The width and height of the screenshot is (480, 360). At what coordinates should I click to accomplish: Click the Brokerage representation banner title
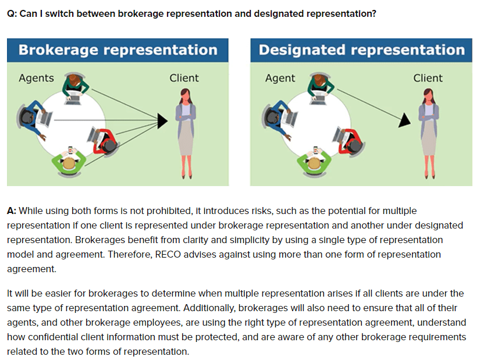[118, 49]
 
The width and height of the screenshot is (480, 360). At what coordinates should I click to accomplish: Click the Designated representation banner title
[361, 49]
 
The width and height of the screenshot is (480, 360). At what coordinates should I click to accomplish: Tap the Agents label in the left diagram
[36, 78]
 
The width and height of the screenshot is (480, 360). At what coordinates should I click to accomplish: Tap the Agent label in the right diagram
[280, 78]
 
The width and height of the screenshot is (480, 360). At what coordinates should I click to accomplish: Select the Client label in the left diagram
[184, 78]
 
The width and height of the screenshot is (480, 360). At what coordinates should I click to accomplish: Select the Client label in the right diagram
[428, 78]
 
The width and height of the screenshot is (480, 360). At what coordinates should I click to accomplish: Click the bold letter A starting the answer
[11, 211]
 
